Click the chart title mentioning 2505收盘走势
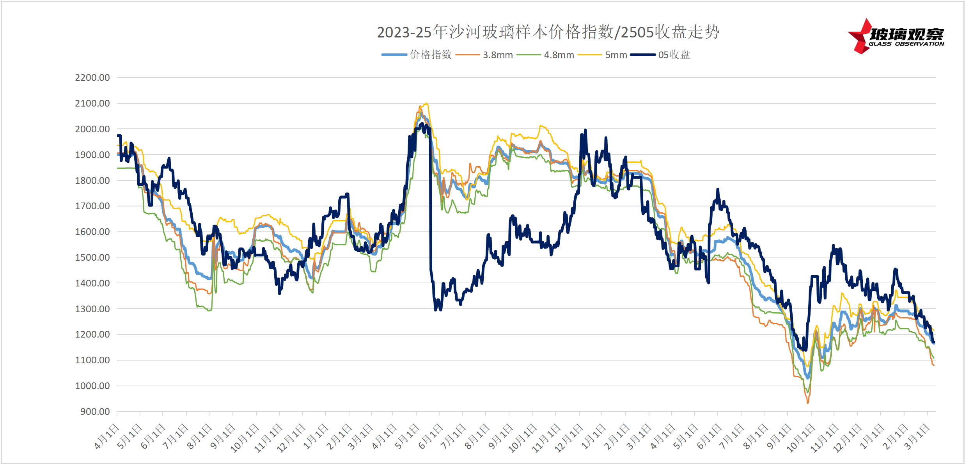tap(548, 32)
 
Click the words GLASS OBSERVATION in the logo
tap(906, 44)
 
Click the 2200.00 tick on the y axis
tap(92, 78)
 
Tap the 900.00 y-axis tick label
tap(95, 412)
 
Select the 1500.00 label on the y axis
tap(92, 258)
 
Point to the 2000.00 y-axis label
tap(92, 129)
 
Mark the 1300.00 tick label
tap(92, 309)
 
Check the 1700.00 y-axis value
tap(92, 206)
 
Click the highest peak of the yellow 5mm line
tap(426, 103)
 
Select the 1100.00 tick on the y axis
tap(92, 360)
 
